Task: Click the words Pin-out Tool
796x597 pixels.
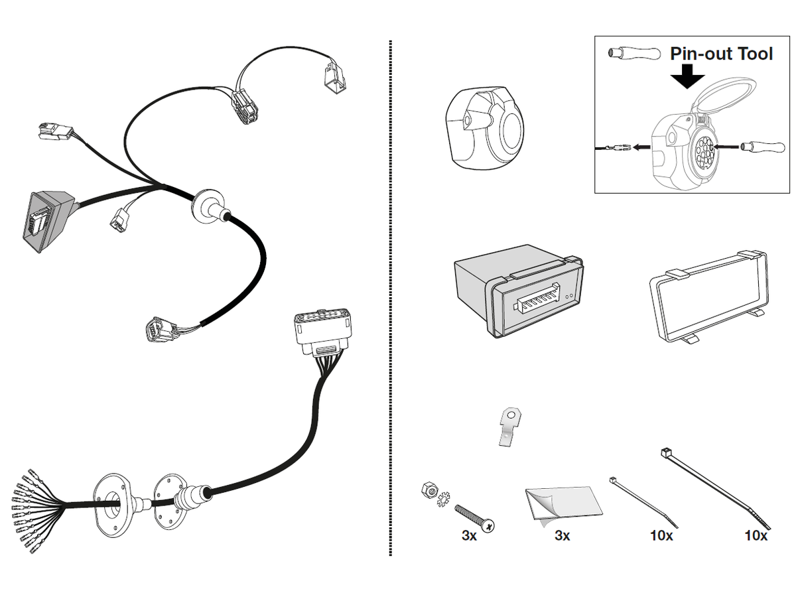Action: coord(721,54)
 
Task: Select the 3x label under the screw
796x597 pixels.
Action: coord(469,535)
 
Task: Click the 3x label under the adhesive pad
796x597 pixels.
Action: coord(562,535)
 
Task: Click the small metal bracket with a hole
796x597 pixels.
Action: coord(509,427)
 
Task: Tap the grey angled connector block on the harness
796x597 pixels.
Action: coord(48,220)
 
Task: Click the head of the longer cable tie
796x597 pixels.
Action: coord(664,453)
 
